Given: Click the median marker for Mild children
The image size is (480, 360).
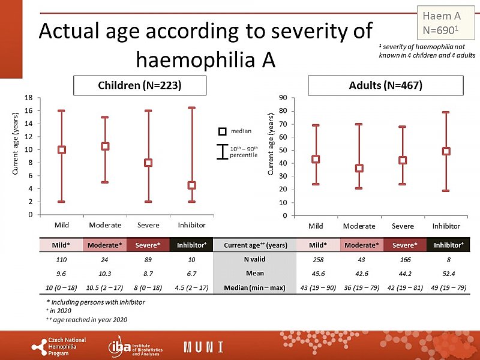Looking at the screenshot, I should [62, 149].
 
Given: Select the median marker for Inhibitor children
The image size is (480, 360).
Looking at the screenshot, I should [191, 185].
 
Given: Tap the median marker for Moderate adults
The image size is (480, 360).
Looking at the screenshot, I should [359, 168].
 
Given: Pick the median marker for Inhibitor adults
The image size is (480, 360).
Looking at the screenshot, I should [446, 151].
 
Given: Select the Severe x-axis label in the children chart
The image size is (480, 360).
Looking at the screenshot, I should [148, 225].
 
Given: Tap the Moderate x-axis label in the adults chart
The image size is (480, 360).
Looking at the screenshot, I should [359, 226].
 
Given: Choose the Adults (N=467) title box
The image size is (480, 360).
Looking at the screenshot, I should [385, 86].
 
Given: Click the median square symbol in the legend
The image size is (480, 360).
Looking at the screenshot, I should [222, 131].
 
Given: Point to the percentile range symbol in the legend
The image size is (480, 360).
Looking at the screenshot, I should [222, 151].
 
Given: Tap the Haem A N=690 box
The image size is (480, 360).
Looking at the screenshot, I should [442, 22].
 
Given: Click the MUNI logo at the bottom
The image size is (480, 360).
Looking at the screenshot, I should [204, 347].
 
